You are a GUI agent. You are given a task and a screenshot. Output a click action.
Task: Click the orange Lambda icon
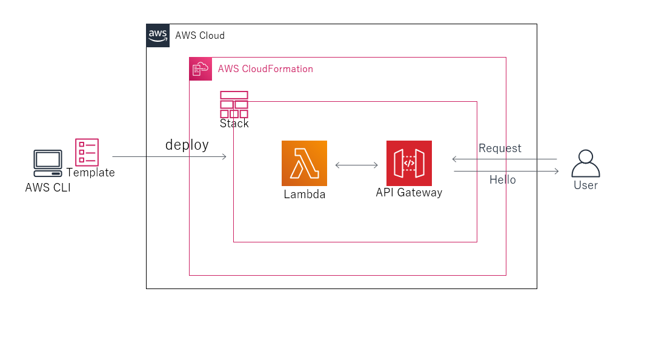point(304,163)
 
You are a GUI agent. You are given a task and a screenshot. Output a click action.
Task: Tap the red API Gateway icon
point(409,163)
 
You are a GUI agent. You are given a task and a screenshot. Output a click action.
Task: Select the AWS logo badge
point(158,35)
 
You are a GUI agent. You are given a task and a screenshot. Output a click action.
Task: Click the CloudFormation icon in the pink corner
point(201,69)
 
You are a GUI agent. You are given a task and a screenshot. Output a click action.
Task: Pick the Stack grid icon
point(234,104)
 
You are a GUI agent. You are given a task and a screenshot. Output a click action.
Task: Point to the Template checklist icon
point(87,152)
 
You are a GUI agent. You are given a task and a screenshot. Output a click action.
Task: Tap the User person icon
point(585,163)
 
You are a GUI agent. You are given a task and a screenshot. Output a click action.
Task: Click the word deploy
point(187,145)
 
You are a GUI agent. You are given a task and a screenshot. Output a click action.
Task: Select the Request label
point(500,148)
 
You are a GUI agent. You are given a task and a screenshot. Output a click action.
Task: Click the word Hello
point(503,180)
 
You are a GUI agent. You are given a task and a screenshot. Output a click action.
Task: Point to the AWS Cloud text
point(200,36)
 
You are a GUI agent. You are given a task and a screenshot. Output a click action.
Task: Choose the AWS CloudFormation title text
point(265,69)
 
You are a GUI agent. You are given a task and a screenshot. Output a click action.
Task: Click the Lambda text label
point(304,195)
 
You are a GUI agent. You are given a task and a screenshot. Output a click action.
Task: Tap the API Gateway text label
point(409,193)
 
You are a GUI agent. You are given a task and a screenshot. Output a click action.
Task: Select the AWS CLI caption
point(48,188)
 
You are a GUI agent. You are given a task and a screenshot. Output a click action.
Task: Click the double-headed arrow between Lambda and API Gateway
point(357,164)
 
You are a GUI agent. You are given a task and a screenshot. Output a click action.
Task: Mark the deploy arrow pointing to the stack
point(170,157)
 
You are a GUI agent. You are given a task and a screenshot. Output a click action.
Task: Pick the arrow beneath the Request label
point(504,159)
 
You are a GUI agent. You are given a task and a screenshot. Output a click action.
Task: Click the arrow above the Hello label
point(506,172)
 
